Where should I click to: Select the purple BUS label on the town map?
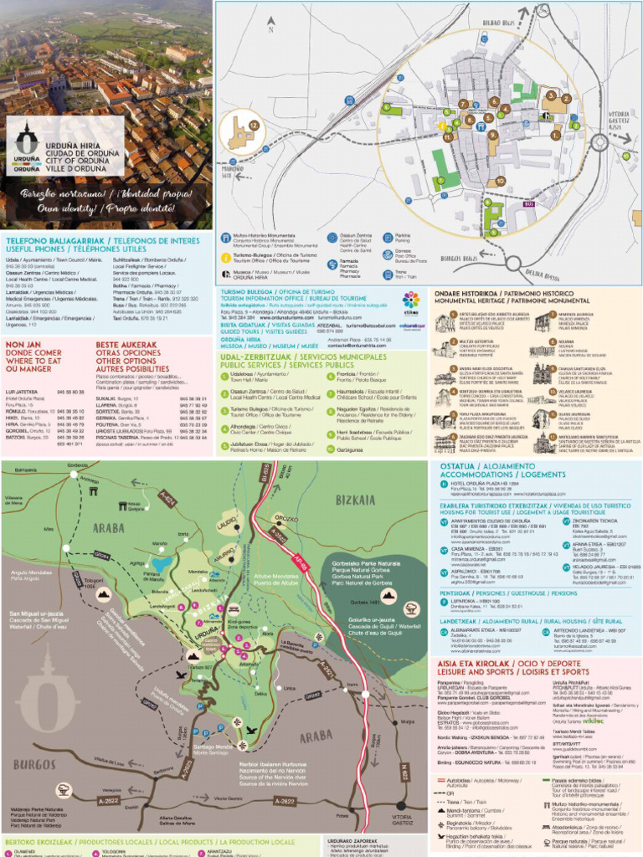tap(528, 203)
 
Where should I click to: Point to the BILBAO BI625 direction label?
tap(500, 21)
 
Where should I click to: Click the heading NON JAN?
tap(23, 344)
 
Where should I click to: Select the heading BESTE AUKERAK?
tap(126, 344)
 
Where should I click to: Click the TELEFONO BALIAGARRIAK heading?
tap(49, 240)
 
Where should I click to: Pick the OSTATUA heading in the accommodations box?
tap(456, 465)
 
